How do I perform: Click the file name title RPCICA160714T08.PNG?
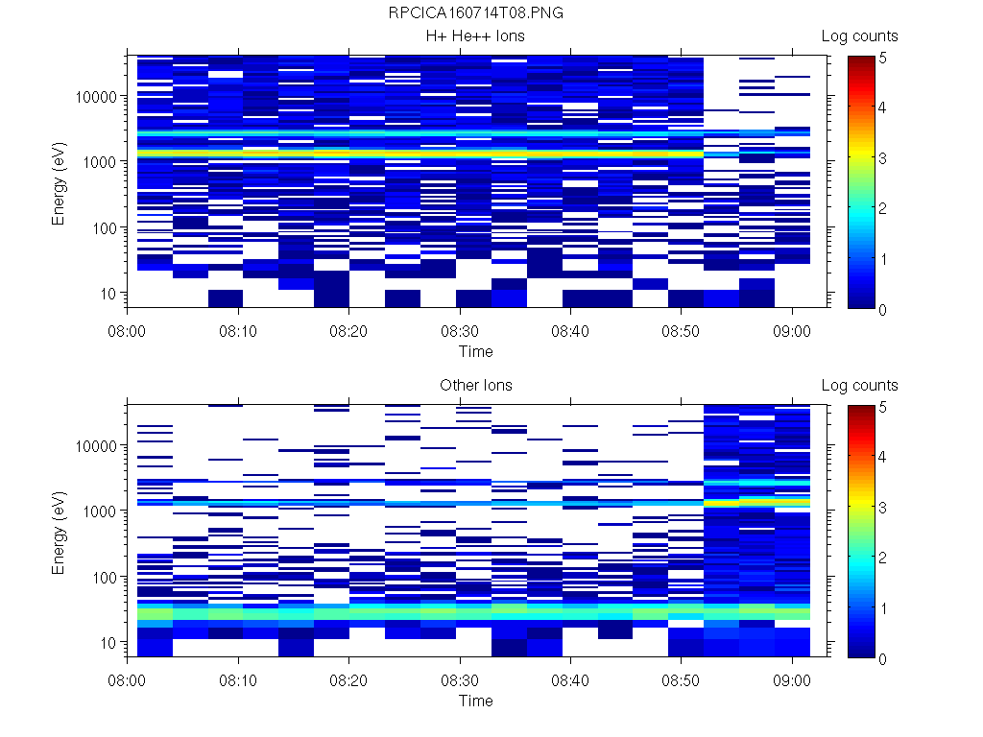pos(476,13)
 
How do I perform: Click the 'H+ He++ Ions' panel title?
pos(476,36)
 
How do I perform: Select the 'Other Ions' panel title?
pos(476,386)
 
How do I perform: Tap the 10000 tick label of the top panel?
pos(98,97)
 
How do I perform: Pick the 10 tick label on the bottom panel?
pos(108,642)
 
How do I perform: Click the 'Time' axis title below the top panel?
pos(476,351)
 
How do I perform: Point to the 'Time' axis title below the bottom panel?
pos(476,701)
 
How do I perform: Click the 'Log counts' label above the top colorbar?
pos(860,36)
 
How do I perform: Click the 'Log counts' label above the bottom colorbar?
pos(860,386)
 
